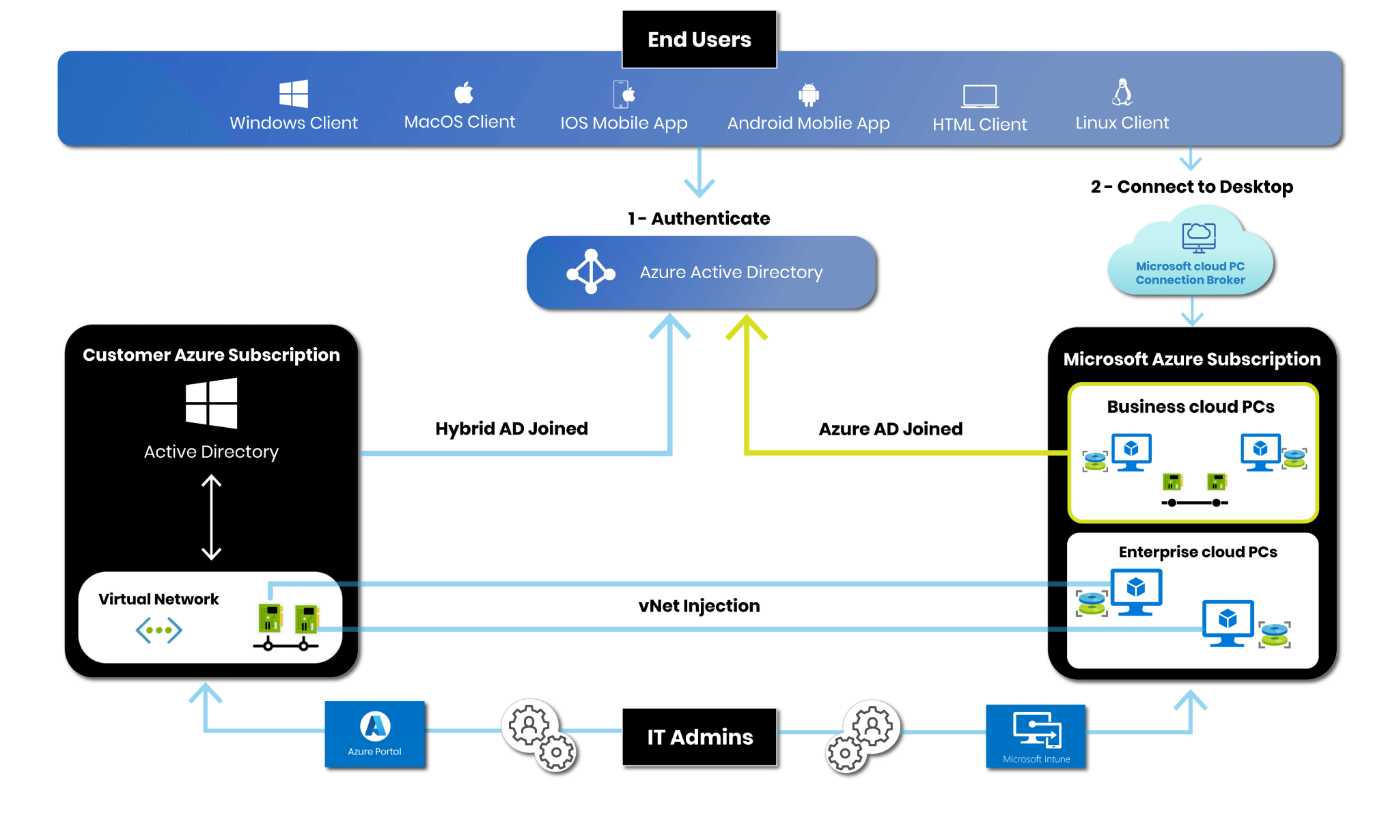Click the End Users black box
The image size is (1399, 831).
click(699, 40)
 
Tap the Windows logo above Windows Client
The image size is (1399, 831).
click(294, 94)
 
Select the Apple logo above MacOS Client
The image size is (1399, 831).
click(464, 92)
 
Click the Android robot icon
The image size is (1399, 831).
click(809, 95)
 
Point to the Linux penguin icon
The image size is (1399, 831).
click(1122, 92)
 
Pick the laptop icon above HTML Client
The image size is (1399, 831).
click(980, 96)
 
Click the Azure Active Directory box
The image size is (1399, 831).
click(701, 273)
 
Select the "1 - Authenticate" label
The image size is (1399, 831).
click(699, 219)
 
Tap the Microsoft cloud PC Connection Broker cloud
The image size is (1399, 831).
click(1191, 256)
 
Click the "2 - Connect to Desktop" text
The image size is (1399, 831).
click(1191, 187)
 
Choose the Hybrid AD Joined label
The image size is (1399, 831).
click(512, 428)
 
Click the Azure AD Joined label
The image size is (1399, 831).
click(890, 429)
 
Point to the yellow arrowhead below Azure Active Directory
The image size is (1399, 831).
click(747, 327)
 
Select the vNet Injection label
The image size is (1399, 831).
click(699, 605)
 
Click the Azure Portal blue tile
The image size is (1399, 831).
click(375, 734)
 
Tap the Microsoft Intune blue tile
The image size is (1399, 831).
click(1036, 737)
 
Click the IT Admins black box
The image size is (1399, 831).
click(699, 737)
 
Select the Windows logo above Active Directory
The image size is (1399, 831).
click(212, 403)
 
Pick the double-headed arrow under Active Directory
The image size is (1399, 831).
click(212, 518)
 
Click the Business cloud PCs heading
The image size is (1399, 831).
click(1191, 407)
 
